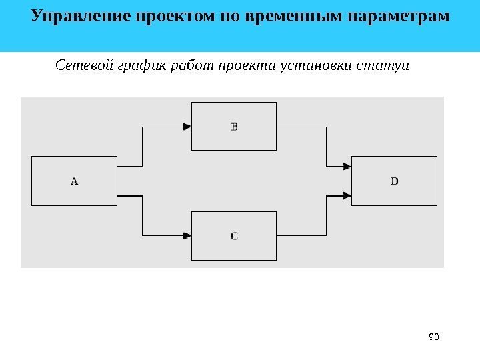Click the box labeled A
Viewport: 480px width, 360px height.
point(75,181)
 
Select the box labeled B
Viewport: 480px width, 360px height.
point(234,126)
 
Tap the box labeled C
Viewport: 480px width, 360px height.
point(234,235)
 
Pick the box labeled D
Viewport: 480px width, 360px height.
point(394,181)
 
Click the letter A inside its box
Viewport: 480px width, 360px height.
point(75,181)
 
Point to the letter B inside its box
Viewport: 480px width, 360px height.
point(234,126)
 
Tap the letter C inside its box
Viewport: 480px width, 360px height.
point(234,235)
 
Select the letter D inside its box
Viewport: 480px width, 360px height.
point(395,181)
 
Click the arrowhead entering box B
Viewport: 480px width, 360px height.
point(187,126)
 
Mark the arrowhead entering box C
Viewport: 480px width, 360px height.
point(187,235)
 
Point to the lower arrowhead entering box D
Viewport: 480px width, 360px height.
point(347,196)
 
